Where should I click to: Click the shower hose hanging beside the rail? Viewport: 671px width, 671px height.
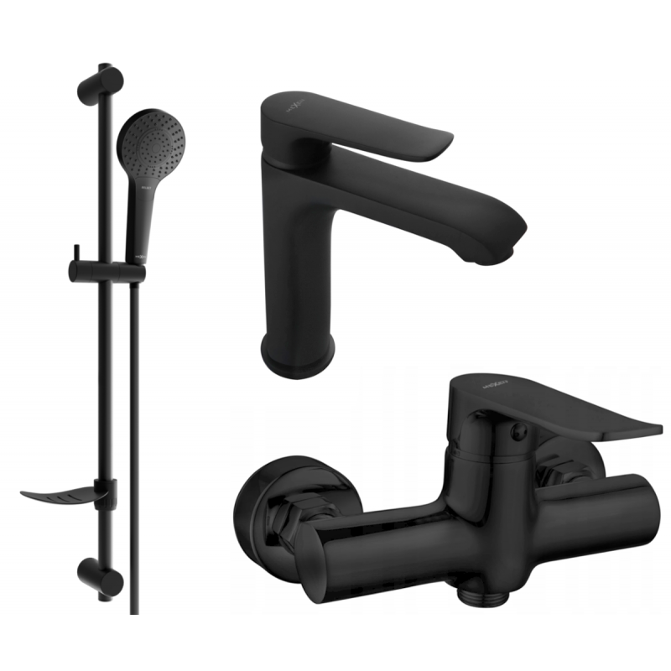click(134, 419)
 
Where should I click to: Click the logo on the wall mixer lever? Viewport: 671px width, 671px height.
click(474, 382)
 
